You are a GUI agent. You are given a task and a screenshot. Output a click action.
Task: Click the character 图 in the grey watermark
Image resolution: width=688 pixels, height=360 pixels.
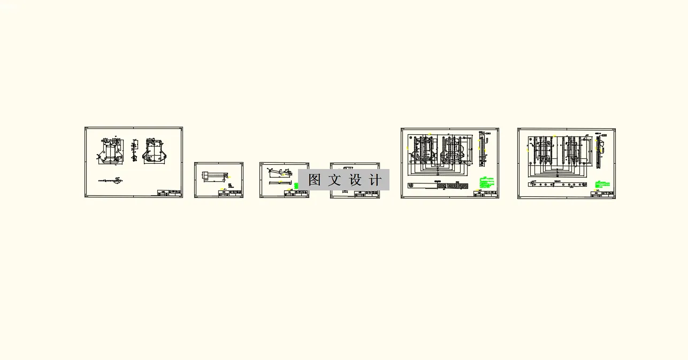(315, 180)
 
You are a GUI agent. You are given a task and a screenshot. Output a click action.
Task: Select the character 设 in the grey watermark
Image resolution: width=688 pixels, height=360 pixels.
(355, 180)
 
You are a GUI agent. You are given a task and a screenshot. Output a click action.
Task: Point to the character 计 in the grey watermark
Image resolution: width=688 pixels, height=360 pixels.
(376, 180)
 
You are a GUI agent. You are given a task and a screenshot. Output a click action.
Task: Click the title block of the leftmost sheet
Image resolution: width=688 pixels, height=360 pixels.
(169, 193)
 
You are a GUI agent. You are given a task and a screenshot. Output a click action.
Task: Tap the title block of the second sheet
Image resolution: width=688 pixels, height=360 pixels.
(230, 193)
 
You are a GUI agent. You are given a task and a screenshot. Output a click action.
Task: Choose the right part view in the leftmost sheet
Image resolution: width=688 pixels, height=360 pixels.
(156, 150)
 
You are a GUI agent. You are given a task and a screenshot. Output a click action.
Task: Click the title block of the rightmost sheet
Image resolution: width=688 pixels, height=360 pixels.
(602, 194)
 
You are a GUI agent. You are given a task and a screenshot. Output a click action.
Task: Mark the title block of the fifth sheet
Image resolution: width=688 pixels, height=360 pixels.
(485, 194)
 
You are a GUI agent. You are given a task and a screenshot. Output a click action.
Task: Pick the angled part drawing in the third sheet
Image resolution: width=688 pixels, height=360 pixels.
(281, 174)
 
